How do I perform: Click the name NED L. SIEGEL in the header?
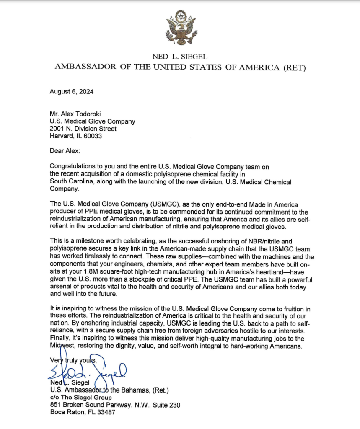point(180,57)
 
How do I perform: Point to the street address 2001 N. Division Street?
point(83,129)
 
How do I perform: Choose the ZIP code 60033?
point(93,136)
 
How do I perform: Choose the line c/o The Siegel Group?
point(80,398)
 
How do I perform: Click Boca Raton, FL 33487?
point(82,412)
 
